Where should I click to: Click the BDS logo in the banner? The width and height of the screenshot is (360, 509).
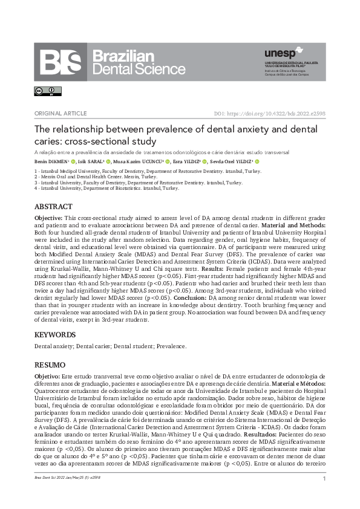pos(61,62)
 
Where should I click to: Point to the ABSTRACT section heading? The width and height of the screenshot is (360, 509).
pos(53,207)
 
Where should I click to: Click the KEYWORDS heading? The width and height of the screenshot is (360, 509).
pos(54,335)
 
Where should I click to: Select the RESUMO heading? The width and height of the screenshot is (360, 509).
pos(50,365)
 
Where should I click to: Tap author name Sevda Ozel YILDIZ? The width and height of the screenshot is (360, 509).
pos(231,162)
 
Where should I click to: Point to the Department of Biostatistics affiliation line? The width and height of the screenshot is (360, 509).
pos(106,188)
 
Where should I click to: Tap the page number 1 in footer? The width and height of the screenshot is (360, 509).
pos(324,479)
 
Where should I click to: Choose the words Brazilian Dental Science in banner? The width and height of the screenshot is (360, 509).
pos(139,63)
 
